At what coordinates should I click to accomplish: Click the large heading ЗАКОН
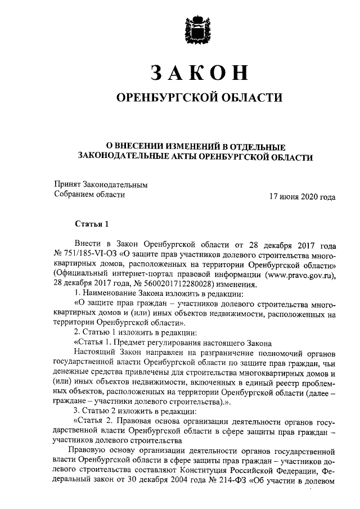click(195, 73)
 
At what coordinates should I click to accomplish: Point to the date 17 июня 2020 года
click(303, 197)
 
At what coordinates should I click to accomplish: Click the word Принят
click(67, 184)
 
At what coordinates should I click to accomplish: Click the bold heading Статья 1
click(91, 224)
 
